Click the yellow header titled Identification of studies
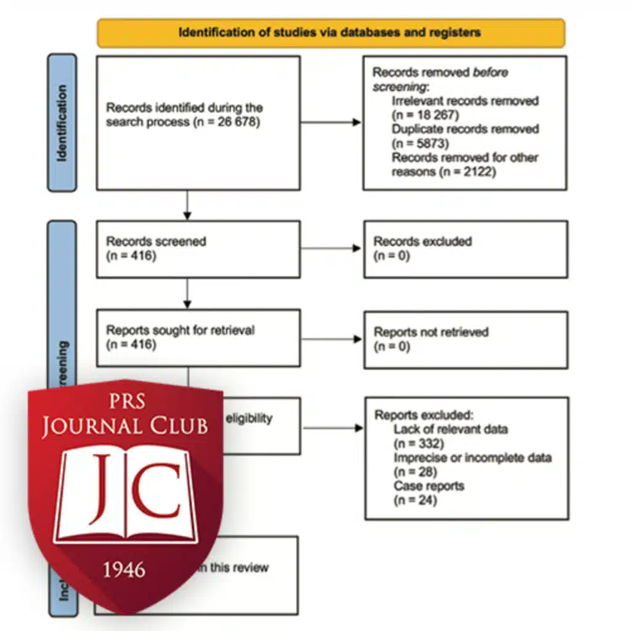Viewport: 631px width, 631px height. pyautogui.click(x=330, y=33)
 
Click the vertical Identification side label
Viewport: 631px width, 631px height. pyautogui.click(x=62, y=123)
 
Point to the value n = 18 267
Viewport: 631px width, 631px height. pyautogui.click(x=426, y=115)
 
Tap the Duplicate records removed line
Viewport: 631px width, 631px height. pyautogui.click(x=465, y=129)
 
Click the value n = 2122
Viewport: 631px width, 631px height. pyautogui.click(x=469, y=172)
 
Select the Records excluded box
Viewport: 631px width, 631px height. pyautogui.click(x=465, y=249)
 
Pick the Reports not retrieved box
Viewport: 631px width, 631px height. pyautogui.click(x=465, y=340)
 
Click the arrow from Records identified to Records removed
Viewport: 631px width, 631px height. pyautogui.click(x=331, y=122)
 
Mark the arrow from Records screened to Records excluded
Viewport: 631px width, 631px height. pyautogui.click(x=331, y=248)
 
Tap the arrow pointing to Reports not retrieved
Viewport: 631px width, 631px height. pyautogui.click(x=331, y=339)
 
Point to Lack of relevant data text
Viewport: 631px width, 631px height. pyautogui.click(x=450, y=429)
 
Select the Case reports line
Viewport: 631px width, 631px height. pyautogui.click(x=429, y=486)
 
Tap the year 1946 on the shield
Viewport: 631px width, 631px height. pyautogui.click(x=124, y=569)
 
